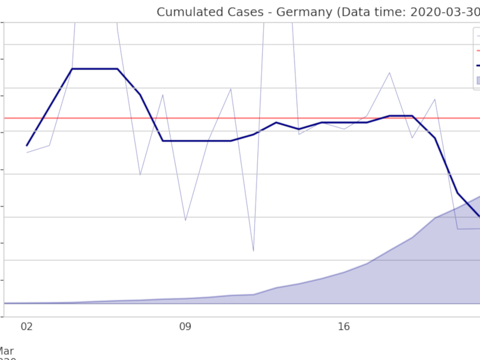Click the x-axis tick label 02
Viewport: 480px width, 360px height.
click(26, 327)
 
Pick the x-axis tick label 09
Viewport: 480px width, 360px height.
click(185, 327)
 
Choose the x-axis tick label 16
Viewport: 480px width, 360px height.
click(344, 327)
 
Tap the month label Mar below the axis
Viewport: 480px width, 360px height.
click(6, 351)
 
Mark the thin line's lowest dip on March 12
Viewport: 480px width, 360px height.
click(253, 251)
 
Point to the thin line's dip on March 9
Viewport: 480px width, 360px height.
click(185, 220)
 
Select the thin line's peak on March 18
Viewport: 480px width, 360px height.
click(389, 73)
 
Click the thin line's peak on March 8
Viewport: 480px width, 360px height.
click(163, 95)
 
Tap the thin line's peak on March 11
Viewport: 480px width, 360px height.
click(231, 89)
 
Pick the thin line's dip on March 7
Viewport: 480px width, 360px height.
click(140, 175)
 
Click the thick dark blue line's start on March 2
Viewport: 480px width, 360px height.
click(26, 146)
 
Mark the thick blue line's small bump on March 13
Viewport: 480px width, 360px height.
click(276, 122)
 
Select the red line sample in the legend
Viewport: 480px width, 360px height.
click(478, 50)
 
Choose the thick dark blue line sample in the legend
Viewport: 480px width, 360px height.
click(478, 65)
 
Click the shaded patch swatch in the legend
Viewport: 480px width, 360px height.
click(478, 80)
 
